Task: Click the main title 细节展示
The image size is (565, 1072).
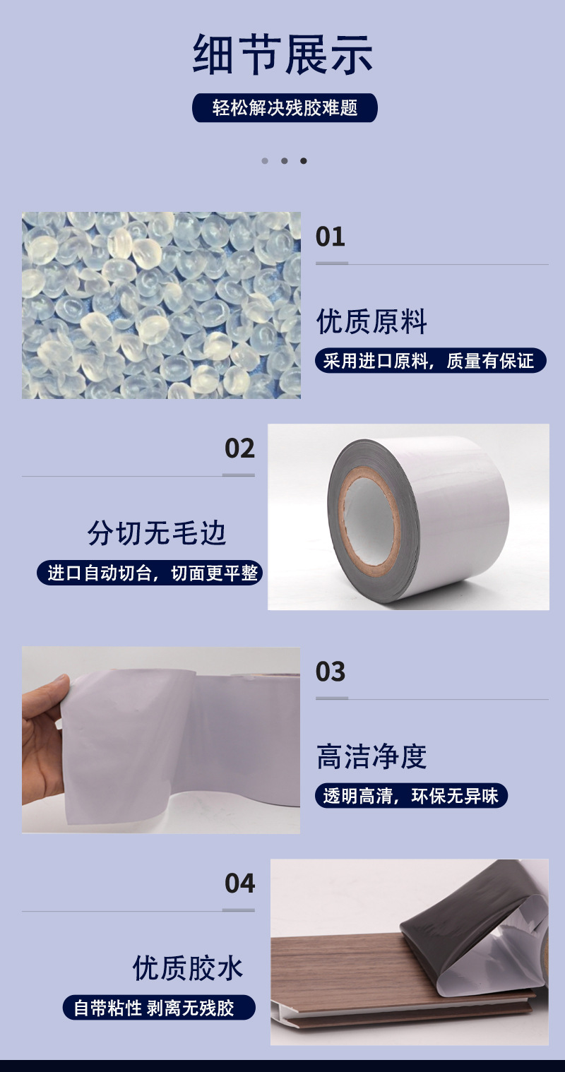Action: click(x=282, y=55)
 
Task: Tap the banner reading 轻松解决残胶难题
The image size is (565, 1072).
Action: click(x=285, y=108)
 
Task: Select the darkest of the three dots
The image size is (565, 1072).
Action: click(x=304, y=161)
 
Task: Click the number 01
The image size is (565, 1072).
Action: click(x=330, y=237)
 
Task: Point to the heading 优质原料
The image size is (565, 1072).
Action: click(x=371, y=322)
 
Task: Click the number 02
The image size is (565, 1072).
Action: click(x=239, y=448)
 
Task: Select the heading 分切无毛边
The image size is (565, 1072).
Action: click(x=157, y=533)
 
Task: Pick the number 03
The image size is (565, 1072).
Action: click(x=330, y=672)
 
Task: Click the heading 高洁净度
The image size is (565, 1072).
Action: click(x=371, y=756)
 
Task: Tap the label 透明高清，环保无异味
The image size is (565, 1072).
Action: click(x=410, y=796)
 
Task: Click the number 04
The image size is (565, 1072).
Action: click(x=239, y=883)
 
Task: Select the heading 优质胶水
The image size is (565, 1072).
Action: click(x=188, y=968)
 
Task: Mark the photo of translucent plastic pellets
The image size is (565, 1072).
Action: click(x=161, y=305)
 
